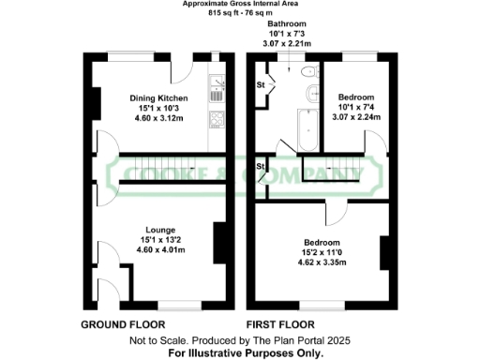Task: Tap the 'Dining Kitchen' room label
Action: pos(158,97)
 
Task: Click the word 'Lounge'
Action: pos(158,228)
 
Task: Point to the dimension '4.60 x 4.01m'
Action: pos(158,248)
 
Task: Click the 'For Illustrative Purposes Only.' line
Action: pos(246,353)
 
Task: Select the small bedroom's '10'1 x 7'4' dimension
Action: pos(356,108)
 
